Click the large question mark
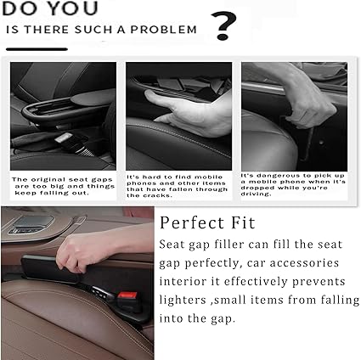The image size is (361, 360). (223, 25)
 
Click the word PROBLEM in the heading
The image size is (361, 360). (163, 30)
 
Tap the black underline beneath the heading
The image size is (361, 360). (37, 49)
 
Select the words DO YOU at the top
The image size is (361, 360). (50, 8)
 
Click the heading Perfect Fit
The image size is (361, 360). (207, 222)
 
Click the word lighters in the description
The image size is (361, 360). (183, 300)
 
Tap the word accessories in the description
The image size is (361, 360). (304, 263)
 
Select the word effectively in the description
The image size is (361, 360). (256, 281)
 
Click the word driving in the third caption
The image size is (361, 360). (255, 194)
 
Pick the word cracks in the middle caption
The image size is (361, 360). (153, 195)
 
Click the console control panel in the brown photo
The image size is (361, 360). (31, 224)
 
